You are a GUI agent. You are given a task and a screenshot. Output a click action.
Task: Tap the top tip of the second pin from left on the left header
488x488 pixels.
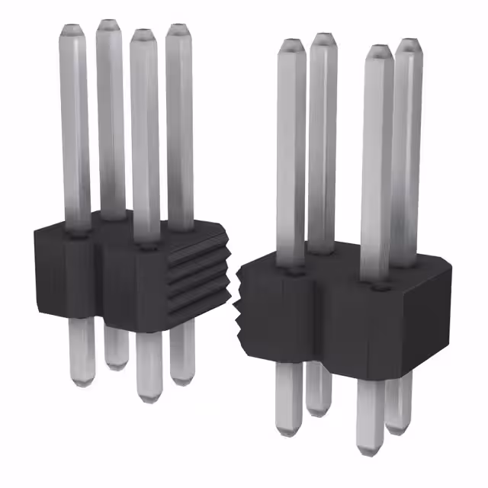click(x=108, y=24)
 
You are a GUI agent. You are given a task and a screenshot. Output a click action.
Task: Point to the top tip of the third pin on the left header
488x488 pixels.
click(x=142, y=34)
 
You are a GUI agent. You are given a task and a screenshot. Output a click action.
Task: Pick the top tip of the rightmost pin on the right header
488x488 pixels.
click(x=409, y=43)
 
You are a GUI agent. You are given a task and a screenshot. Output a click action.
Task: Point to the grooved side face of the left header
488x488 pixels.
click(x=200, y=274)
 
